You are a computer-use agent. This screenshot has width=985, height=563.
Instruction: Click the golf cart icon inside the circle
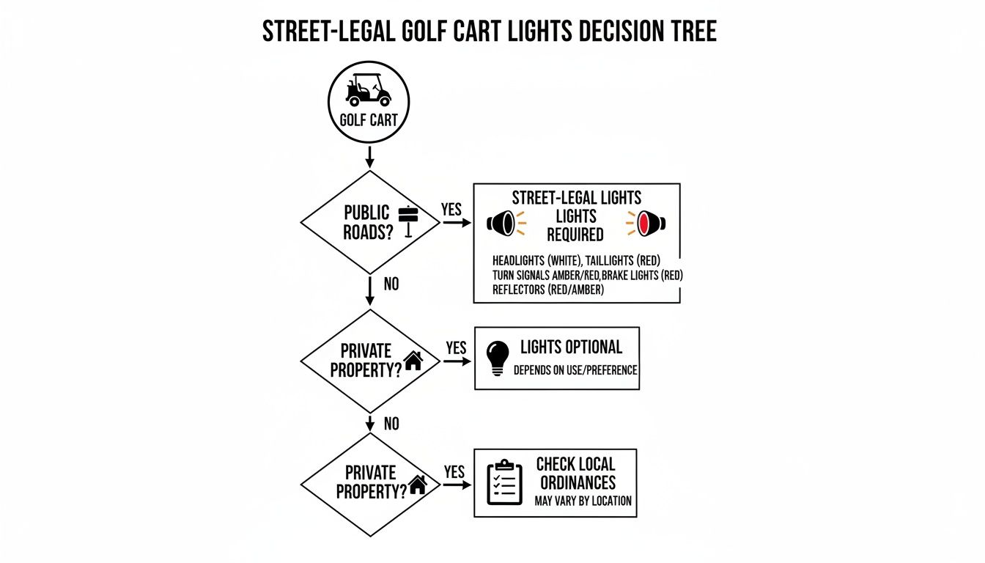369,89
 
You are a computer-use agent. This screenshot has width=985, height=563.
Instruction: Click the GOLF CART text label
369,120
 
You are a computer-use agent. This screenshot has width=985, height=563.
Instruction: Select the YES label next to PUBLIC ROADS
451,210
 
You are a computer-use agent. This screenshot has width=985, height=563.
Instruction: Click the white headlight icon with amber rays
503,223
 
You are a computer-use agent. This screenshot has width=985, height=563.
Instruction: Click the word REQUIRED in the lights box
575,235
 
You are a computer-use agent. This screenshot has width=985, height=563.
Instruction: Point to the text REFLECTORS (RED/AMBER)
548,290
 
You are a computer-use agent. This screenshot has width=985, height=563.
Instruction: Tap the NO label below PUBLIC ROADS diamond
391,284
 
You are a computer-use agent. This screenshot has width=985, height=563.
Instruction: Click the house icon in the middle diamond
414,360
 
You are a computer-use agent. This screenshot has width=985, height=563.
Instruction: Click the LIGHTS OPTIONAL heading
571,347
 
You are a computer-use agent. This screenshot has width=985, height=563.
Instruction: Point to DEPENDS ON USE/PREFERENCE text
575,370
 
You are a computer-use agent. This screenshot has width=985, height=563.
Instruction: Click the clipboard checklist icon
504,482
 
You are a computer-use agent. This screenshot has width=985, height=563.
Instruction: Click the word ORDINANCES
578,483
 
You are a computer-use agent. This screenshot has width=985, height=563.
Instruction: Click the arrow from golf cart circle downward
369,156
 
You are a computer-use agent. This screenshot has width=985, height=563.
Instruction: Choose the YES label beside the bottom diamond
454,472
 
